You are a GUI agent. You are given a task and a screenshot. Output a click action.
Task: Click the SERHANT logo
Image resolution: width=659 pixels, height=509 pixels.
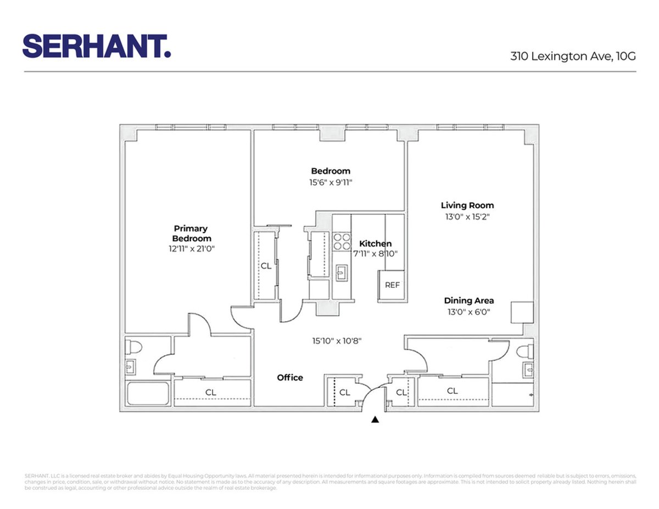pos(96,46)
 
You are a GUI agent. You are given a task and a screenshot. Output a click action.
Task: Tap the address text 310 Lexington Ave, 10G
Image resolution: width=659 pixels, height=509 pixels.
pos(573,55)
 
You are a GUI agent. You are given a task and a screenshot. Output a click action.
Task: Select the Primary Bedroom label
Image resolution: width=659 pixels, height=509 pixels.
pos(191,233)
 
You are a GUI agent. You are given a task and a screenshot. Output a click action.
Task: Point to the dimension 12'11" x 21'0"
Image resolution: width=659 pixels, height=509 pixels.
pos(191,249)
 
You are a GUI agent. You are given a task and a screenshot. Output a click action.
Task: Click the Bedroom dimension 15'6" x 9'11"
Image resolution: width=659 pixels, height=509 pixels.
pos(330,182)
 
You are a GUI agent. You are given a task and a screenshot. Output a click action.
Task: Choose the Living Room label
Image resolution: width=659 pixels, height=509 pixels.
pos(467,205)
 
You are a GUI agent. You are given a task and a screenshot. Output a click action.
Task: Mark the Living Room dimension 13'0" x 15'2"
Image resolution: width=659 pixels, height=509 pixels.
pos(467,217)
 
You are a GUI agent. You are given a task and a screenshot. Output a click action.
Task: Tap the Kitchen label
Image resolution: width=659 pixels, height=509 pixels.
pos(375,243)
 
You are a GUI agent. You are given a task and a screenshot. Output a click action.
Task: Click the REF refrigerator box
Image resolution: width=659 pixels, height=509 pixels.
pos(392,286)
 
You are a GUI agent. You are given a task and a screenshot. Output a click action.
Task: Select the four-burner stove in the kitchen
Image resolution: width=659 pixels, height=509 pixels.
pos(342,242)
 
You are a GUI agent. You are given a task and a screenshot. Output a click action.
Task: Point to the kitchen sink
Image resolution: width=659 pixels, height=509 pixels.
pos(342,272)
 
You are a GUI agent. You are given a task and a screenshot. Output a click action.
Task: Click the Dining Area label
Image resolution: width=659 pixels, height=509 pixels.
pos(468,300)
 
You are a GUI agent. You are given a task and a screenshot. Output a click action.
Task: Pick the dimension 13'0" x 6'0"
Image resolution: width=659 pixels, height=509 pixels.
pos(468,312)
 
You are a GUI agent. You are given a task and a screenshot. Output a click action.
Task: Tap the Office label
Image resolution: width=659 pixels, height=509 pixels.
pos(289,377)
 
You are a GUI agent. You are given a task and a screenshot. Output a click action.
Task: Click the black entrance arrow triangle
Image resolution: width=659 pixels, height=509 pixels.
pos(375,420)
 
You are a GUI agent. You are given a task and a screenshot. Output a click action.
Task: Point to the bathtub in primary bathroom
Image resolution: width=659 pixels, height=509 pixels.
pos(147,394)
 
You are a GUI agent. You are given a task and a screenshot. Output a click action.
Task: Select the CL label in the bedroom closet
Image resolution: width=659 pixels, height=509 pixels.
pos(266,266)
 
